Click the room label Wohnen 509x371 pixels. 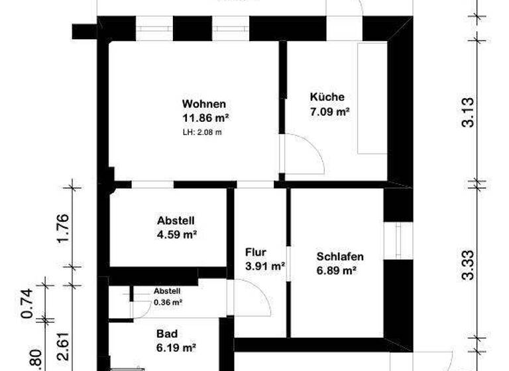pos(204,104)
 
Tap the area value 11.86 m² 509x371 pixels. pos(205,118)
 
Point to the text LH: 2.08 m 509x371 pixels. pos(202,132)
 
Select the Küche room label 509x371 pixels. pos(327,97)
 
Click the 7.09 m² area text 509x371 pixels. pos(329,111)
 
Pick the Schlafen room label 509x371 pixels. pos(340,256)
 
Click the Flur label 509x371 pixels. pos(255,252)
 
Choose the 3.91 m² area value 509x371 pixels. pos(265,266)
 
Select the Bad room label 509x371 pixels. pos(167,334)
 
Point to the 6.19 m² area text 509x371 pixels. pos(176,347)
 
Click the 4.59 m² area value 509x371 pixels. pos(176,234)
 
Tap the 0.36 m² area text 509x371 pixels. pos(168,301)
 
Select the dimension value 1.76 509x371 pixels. pos(63,228)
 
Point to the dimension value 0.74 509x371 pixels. pos(27,303)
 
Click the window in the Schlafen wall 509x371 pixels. pos(398,241)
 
